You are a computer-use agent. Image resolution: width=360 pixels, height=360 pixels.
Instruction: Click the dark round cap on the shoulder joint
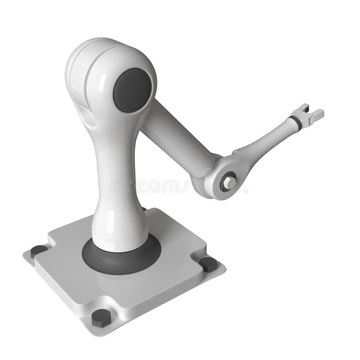(131, 90)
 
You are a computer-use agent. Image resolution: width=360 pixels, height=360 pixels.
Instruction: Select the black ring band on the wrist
(296, 121)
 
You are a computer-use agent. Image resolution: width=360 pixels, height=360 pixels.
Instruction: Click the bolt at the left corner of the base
(39, 251)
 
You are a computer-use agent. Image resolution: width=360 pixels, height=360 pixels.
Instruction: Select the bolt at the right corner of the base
(208, 264)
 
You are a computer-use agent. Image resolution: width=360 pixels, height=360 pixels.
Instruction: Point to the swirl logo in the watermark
(208, 173)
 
